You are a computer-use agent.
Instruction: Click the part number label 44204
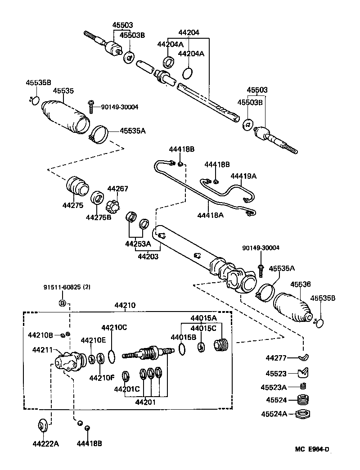189,32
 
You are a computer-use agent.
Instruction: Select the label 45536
300,284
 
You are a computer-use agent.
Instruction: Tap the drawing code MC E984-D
312,449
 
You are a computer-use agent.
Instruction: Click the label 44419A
243,176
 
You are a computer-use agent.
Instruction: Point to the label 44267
118,189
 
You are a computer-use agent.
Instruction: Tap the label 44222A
45,443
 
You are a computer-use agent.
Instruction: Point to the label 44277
276,358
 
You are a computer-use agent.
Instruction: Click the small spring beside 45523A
304,386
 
